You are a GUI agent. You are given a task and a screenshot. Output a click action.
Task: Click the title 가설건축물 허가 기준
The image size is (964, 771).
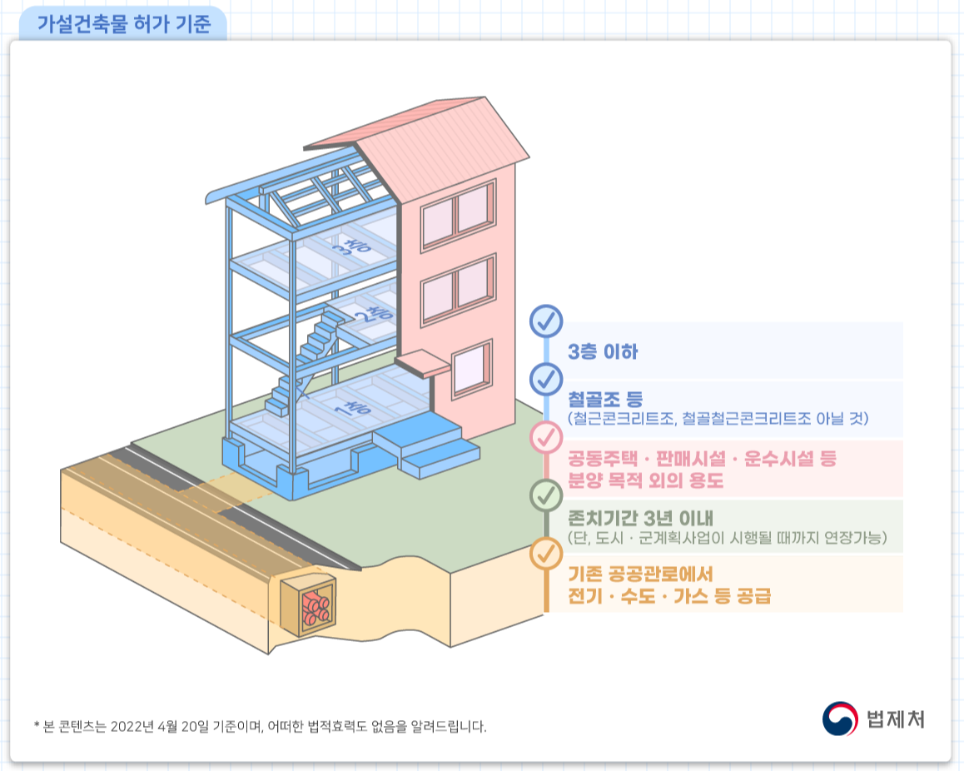tap(124, 23)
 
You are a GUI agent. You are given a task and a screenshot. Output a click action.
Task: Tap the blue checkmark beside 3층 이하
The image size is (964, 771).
tap(546, 321)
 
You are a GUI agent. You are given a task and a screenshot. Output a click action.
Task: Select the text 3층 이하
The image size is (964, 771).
tap(603, 351)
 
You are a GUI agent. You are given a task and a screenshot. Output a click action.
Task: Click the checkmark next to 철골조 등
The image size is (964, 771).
tap(546, 379)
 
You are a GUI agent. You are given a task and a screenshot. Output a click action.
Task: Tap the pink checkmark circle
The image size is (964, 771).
tap(546, 436)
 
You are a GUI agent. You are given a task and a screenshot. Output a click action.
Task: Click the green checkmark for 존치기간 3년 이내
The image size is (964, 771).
tap(546, 495)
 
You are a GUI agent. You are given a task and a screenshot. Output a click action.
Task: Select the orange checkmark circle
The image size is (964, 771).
tap(546, 554)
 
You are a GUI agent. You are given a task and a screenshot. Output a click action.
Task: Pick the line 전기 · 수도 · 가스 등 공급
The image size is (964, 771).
tap(669, 596)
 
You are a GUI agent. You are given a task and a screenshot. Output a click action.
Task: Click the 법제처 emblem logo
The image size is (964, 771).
tap(839, 718)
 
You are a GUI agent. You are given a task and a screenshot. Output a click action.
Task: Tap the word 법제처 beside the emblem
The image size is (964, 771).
tap(895, 719)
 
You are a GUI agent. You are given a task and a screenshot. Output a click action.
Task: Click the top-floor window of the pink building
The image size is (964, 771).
tap(458, 213)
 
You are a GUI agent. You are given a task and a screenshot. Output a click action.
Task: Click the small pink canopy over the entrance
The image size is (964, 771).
tap(422, 362)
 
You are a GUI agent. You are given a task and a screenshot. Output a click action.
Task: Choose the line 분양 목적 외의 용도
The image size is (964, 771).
tap(646, 481)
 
